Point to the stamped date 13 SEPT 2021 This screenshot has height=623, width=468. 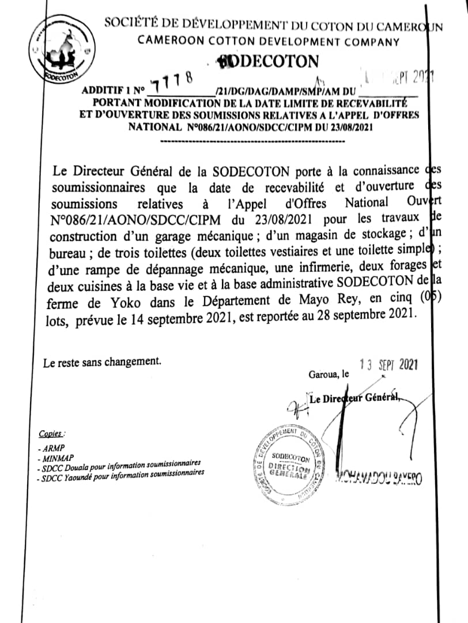click(387, 364)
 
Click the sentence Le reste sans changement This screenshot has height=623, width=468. click(102, 362)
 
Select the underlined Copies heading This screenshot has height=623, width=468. click(51, 433)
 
